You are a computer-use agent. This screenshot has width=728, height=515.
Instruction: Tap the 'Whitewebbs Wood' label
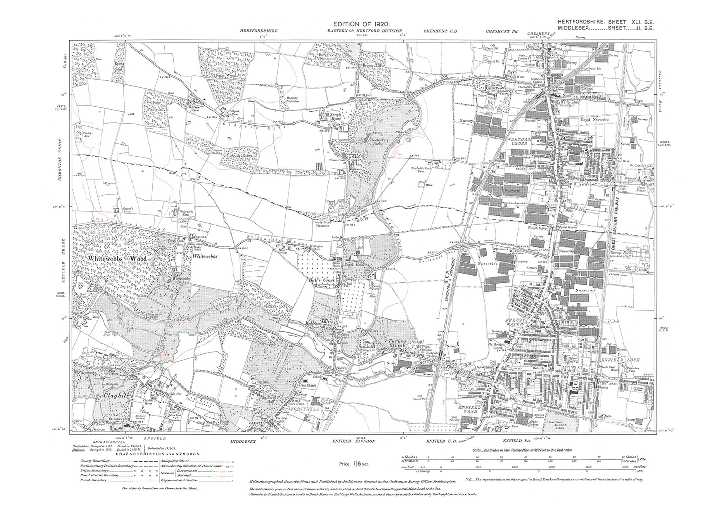pyautogui.click(x=116, y=259)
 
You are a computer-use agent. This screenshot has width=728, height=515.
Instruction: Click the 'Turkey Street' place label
pyautogui.click(x=398, y=341)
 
